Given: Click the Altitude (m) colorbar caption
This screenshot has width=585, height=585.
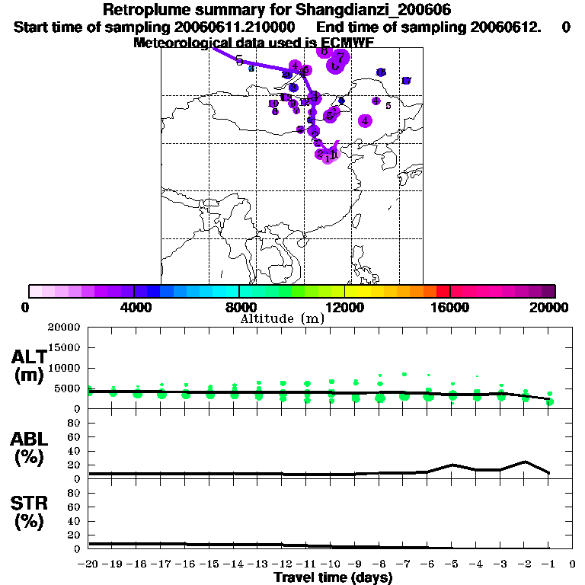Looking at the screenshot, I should click(282, 318).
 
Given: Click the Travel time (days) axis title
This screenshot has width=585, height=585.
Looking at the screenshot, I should click(333, 578).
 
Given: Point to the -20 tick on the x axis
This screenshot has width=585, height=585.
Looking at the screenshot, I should click(89, 564).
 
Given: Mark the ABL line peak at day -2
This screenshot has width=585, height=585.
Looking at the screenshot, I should click(525, 462).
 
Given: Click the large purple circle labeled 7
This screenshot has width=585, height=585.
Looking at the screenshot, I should click(341, 57).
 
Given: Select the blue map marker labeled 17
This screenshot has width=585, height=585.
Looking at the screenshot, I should click(406, 81).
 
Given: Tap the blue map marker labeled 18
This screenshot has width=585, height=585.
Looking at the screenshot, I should click(381, 72).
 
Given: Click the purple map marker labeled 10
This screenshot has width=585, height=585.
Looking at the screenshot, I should click(273, 104).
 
